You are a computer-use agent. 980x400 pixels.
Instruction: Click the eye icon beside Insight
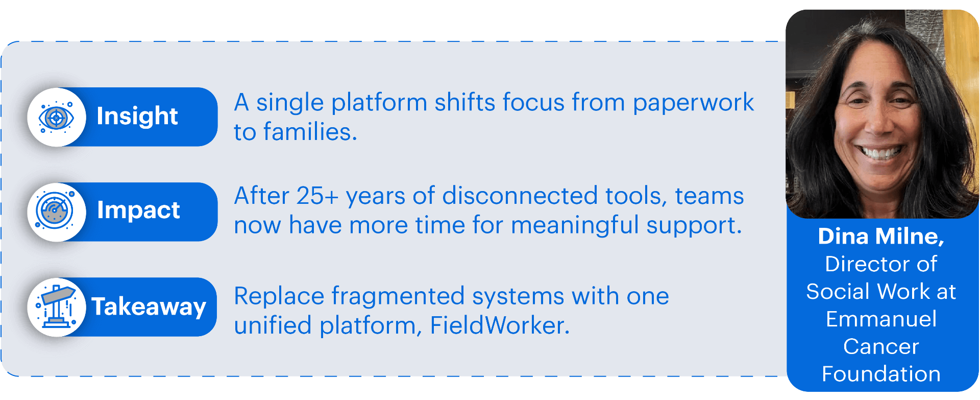[56, 117]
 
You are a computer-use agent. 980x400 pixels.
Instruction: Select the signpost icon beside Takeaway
[56, 307]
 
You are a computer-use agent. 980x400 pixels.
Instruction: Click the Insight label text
[137, 116]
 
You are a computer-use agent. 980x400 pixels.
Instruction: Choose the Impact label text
[138, 210]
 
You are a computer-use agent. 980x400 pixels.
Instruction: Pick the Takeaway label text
[149, 307]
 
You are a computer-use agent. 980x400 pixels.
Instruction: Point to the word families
[310, 132]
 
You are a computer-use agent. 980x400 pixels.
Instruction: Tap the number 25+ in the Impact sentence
[317, 196]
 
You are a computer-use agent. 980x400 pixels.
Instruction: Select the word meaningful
[575, 226]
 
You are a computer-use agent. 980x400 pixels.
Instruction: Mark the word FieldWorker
[500, 325]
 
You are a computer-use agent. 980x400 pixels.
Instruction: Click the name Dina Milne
[881, 237]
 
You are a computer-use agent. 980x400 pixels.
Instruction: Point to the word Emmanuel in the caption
[881, 319]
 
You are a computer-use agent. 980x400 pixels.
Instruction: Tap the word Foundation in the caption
[881, 374]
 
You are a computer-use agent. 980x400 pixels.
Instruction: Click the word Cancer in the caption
[881, 347]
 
